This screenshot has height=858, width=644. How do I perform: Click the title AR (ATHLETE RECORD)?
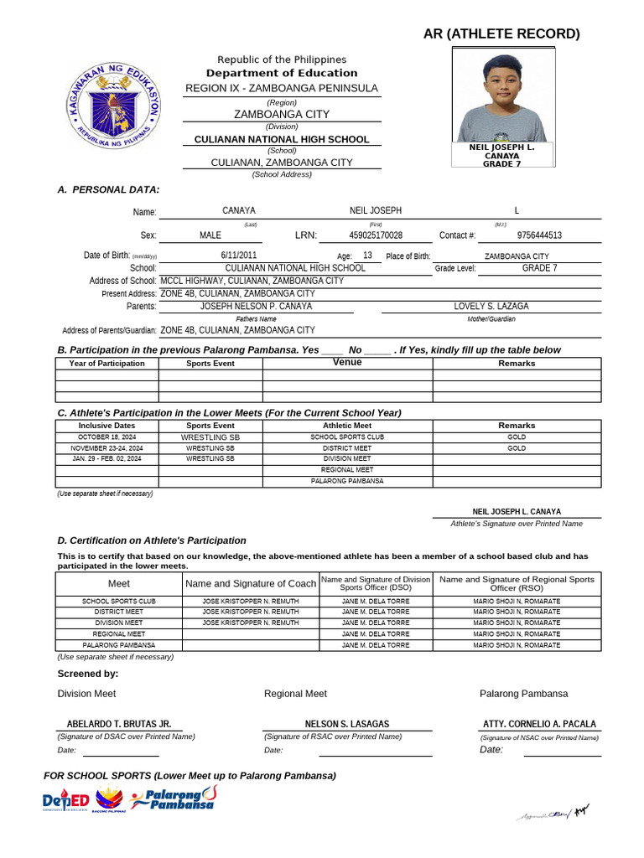[x=501, y=34]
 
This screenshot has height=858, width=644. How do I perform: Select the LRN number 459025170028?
[x=376, y=236]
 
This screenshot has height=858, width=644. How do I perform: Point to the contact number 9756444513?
[x=539, y=236]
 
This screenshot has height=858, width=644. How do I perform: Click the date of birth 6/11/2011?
[x=239, y=256]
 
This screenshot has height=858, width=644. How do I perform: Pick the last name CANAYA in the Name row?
[x=239, y=211]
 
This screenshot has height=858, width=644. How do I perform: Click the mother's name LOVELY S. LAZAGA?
[x=491, y=307]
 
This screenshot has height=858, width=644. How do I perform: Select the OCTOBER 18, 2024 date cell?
[x=106, y=437]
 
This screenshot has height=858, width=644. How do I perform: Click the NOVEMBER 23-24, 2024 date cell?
[x=106, y=448]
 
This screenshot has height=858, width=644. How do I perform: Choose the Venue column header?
[x=347, y=363]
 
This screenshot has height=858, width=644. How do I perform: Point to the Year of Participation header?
[x=106, y=364]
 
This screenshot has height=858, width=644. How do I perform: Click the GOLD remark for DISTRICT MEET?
[x=517, y=448]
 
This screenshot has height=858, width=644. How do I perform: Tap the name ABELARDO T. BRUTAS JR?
[x=119, y=724]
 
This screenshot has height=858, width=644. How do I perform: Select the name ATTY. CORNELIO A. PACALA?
[x=540, y=724]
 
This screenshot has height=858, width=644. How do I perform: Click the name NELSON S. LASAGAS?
[x=347, y=724]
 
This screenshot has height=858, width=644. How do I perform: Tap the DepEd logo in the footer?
[x=65, y=802]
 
